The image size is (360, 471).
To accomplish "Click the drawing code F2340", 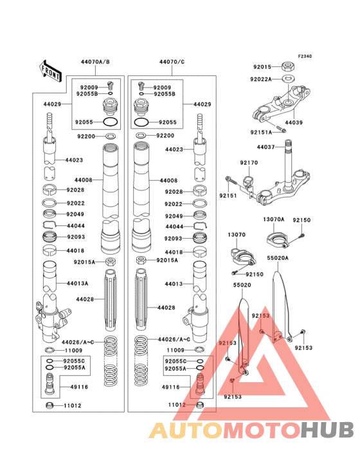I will [x=304, y=57].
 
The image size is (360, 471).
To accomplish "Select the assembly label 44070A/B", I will [x=95, y=62].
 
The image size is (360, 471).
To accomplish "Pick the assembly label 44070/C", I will [x=172, y=62].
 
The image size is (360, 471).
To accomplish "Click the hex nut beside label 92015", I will [x=289, y=66].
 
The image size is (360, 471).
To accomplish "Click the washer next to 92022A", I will [x=289, y=78].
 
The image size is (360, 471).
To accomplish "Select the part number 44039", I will [x=294, y=122].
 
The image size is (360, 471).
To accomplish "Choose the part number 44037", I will [x=265, y=147].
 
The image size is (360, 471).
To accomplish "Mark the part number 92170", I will [x=249, y=163].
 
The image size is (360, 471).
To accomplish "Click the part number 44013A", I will [x=77, y=282].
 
